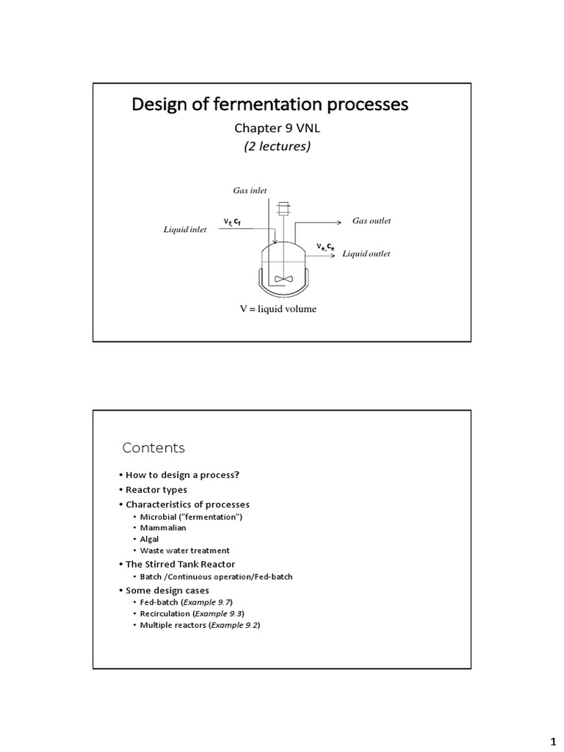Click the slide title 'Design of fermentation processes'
(270, 105)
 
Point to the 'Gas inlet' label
(250, 191)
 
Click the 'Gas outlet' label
(372, 221)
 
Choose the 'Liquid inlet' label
(184, 230)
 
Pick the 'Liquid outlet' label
(366, 254)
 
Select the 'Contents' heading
(153, 448)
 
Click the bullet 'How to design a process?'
(182, 474)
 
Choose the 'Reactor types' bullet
(156, 490)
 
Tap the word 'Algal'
(149, 539)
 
